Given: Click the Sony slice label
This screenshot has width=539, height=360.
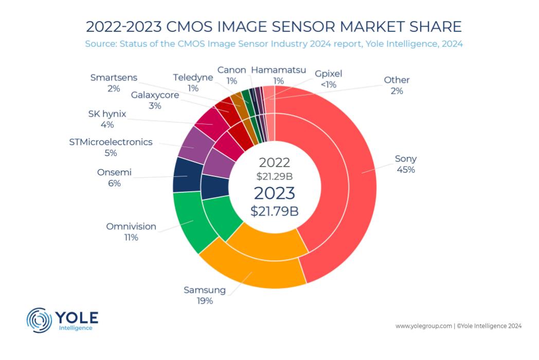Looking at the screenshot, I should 405,158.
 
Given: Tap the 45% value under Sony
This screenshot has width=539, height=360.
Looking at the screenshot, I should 405,169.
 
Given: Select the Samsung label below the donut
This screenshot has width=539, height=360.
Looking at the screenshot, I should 205,290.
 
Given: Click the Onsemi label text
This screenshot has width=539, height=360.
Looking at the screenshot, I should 114,172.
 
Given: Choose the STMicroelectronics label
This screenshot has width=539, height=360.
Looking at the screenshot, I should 111,142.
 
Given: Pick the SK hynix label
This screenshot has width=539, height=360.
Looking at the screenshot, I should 107,114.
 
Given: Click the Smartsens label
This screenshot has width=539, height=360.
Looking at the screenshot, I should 113,78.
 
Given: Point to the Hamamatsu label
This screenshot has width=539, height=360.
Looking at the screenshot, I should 278,69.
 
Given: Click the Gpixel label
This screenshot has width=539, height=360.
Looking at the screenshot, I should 329,74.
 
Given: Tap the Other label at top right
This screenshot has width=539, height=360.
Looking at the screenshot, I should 397,80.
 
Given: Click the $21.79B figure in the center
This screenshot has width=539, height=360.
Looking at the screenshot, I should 275,210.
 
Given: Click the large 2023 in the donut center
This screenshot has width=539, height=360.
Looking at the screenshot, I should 275,193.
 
